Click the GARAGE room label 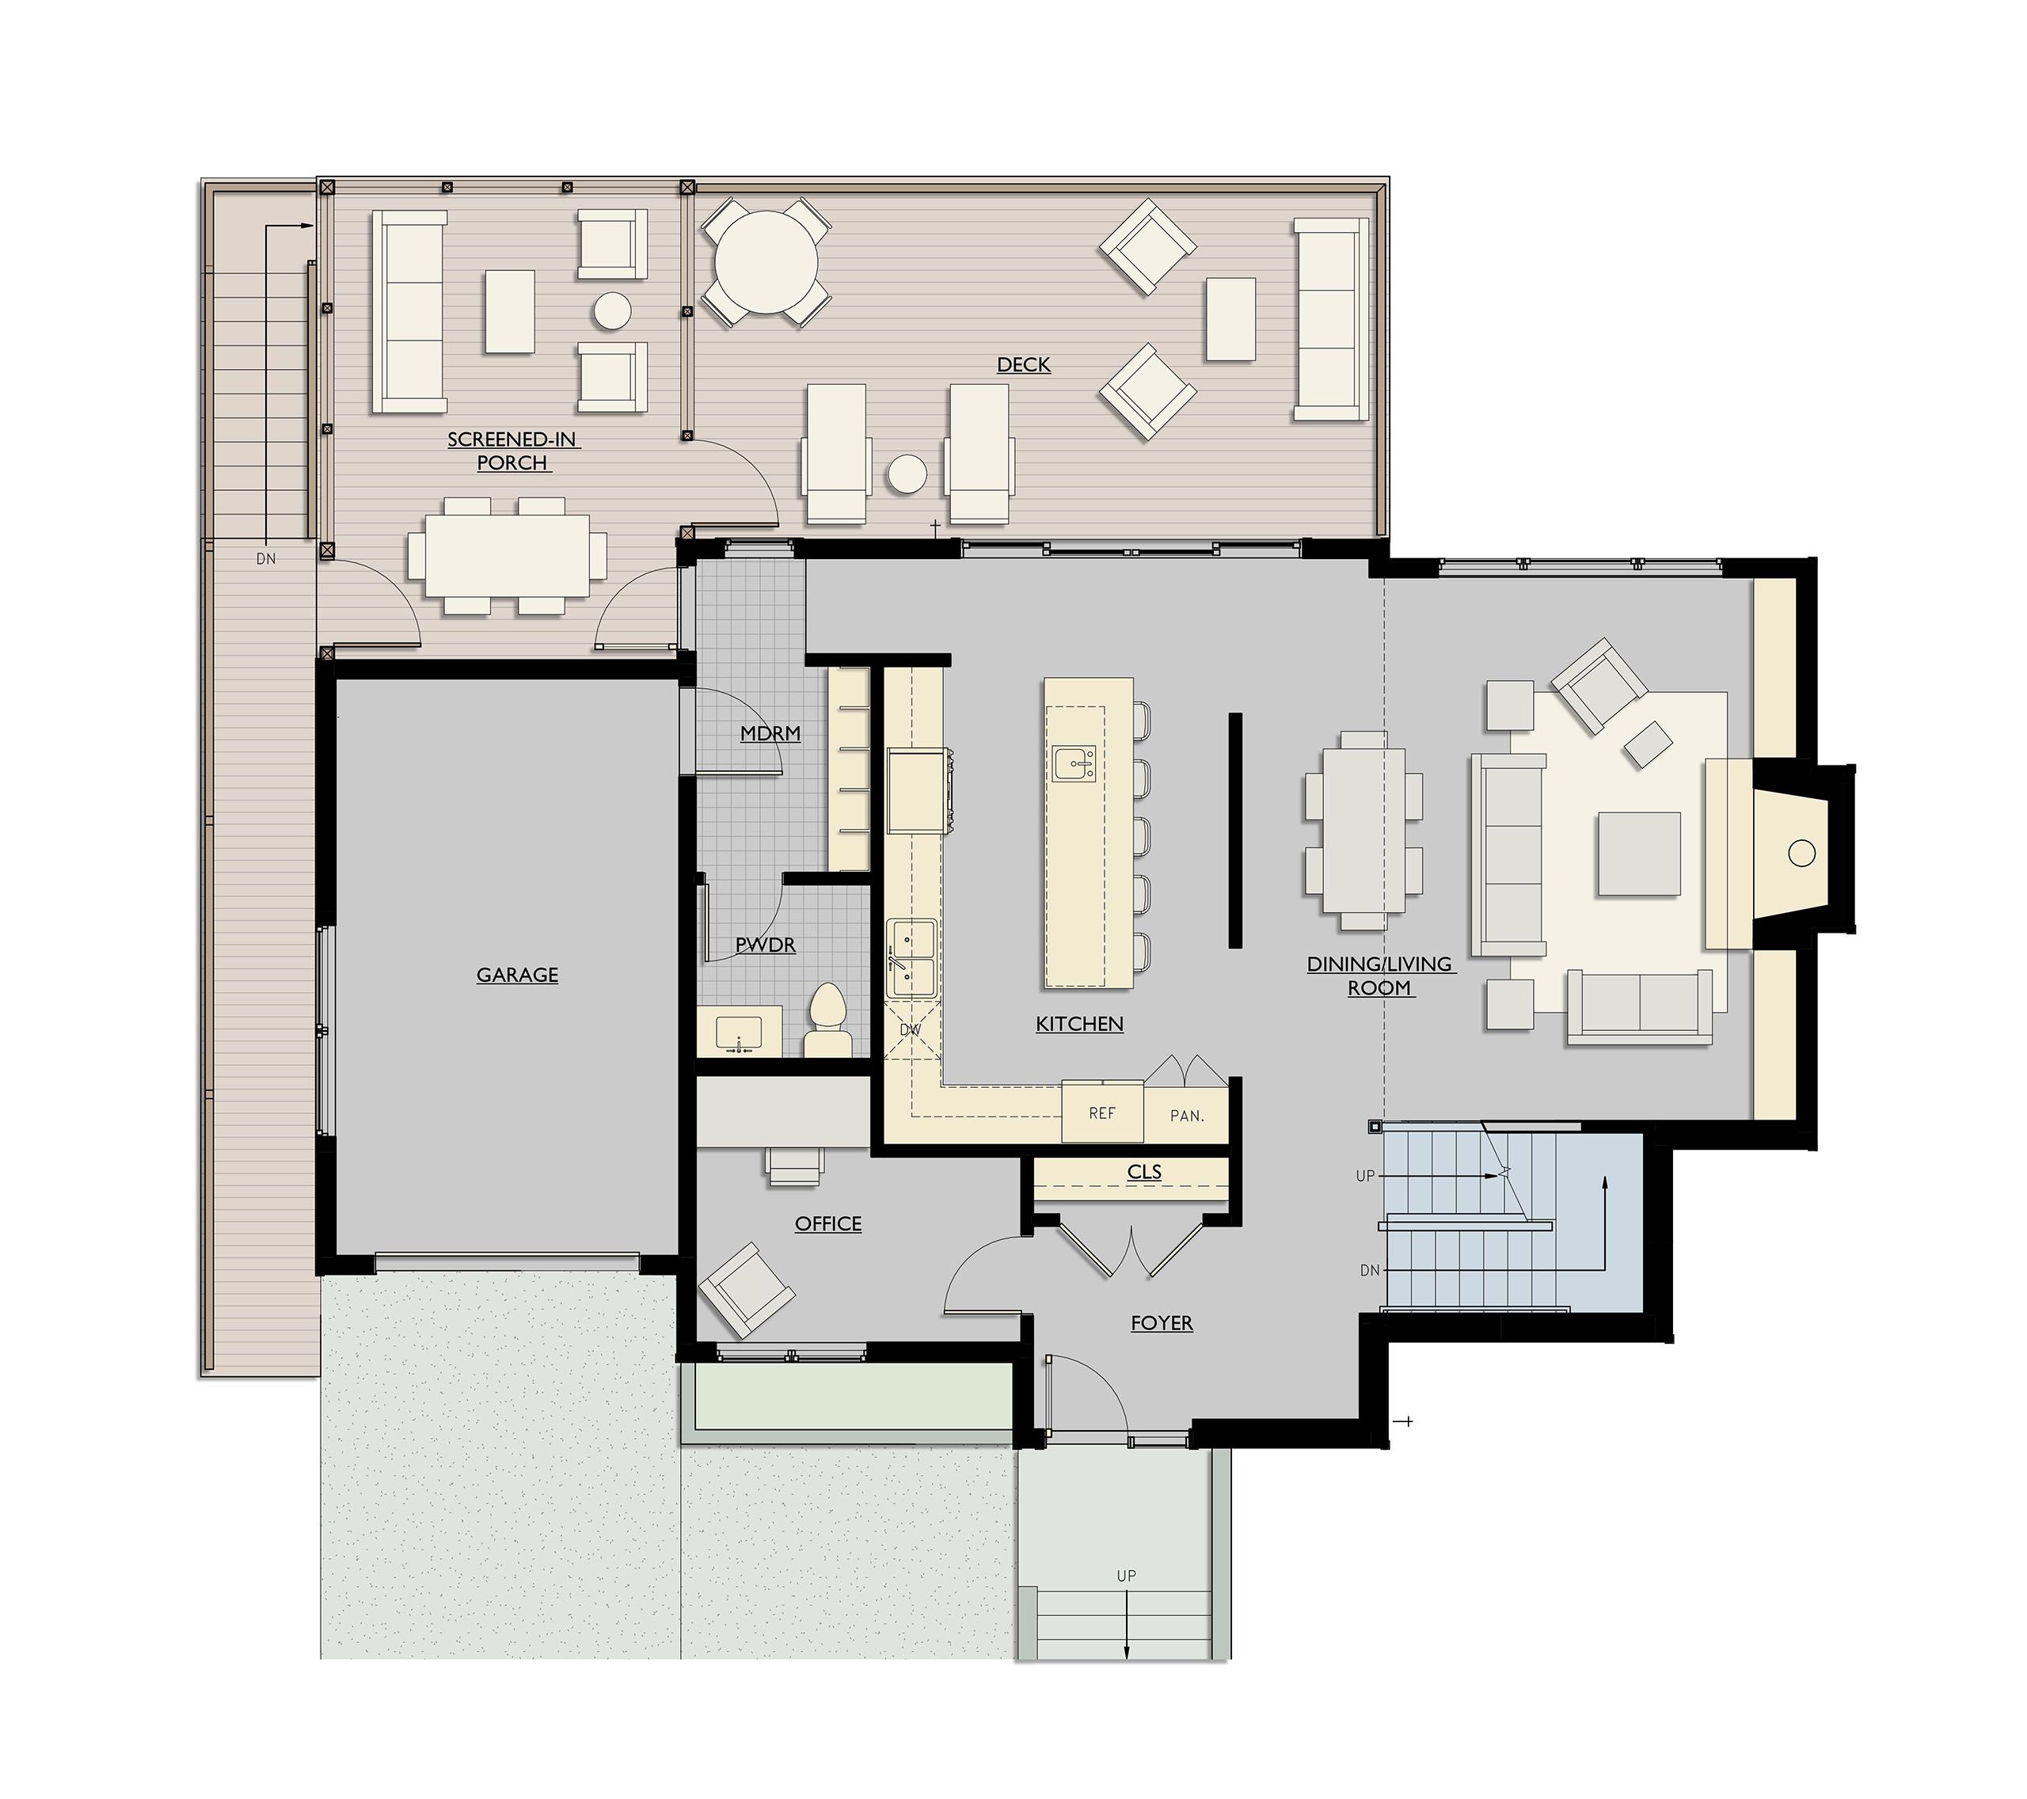517,975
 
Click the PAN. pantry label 1186,1116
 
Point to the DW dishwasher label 911,1029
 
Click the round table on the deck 766,262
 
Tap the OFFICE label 828,1224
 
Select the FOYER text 1162,1323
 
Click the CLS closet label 1143,1172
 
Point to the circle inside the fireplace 1802,853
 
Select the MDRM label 770,734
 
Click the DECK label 1024,365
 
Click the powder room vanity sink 738,1033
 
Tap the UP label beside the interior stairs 1366,1176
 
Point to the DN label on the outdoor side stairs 266,559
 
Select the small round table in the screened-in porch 612,310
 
